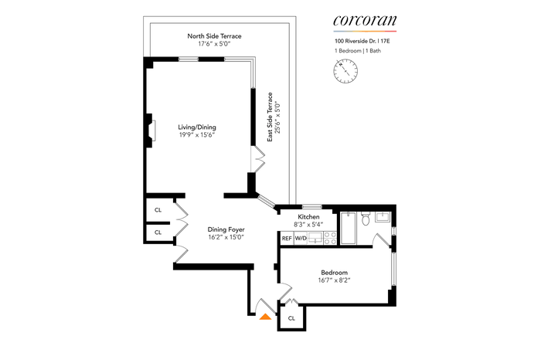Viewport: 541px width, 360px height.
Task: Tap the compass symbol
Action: pos(345,71)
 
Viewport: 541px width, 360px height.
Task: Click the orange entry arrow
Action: pos(265,317)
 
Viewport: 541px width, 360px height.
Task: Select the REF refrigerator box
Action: pos(287,238)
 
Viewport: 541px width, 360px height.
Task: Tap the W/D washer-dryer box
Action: pos(301,238)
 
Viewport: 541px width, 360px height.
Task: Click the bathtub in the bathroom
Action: pos(348,228)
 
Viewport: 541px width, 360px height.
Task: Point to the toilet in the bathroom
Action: pos(366,219)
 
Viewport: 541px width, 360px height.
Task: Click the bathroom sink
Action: pos(383,217)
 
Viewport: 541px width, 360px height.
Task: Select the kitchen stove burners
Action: pos(330,238)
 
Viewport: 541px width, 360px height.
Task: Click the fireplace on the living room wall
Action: pos(151,131)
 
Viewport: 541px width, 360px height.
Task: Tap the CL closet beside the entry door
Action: pos(291,318)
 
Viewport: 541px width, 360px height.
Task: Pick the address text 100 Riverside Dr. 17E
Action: pos(362,41)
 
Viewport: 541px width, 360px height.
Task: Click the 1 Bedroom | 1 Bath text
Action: pos(358,51)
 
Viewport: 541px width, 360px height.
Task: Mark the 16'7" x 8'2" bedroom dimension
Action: pos(335,280)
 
